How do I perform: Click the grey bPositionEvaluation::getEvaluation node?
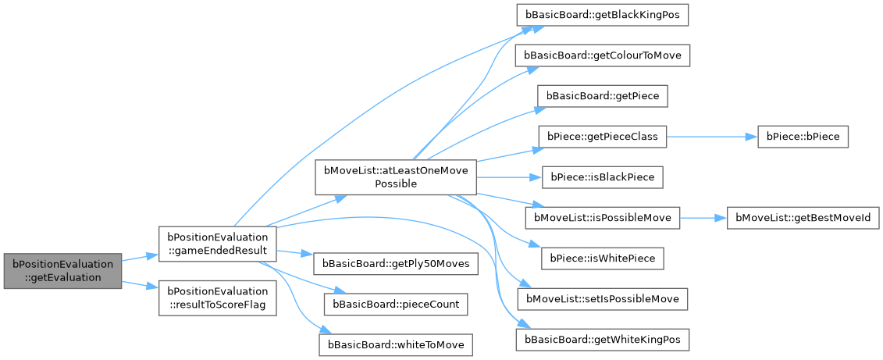[62, 271]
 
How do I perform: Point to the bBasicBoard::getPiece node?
[602, 96]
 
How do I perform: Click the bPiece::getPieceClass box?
[602, 137]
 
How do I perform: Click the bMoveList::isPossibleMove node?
[602, 217]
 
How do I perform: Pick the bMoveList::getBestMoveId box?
[797, 217]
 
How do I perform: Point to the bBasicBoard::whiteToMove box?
[395, 344]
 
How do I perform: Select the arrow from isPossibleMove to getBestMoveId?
[703, 217]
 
